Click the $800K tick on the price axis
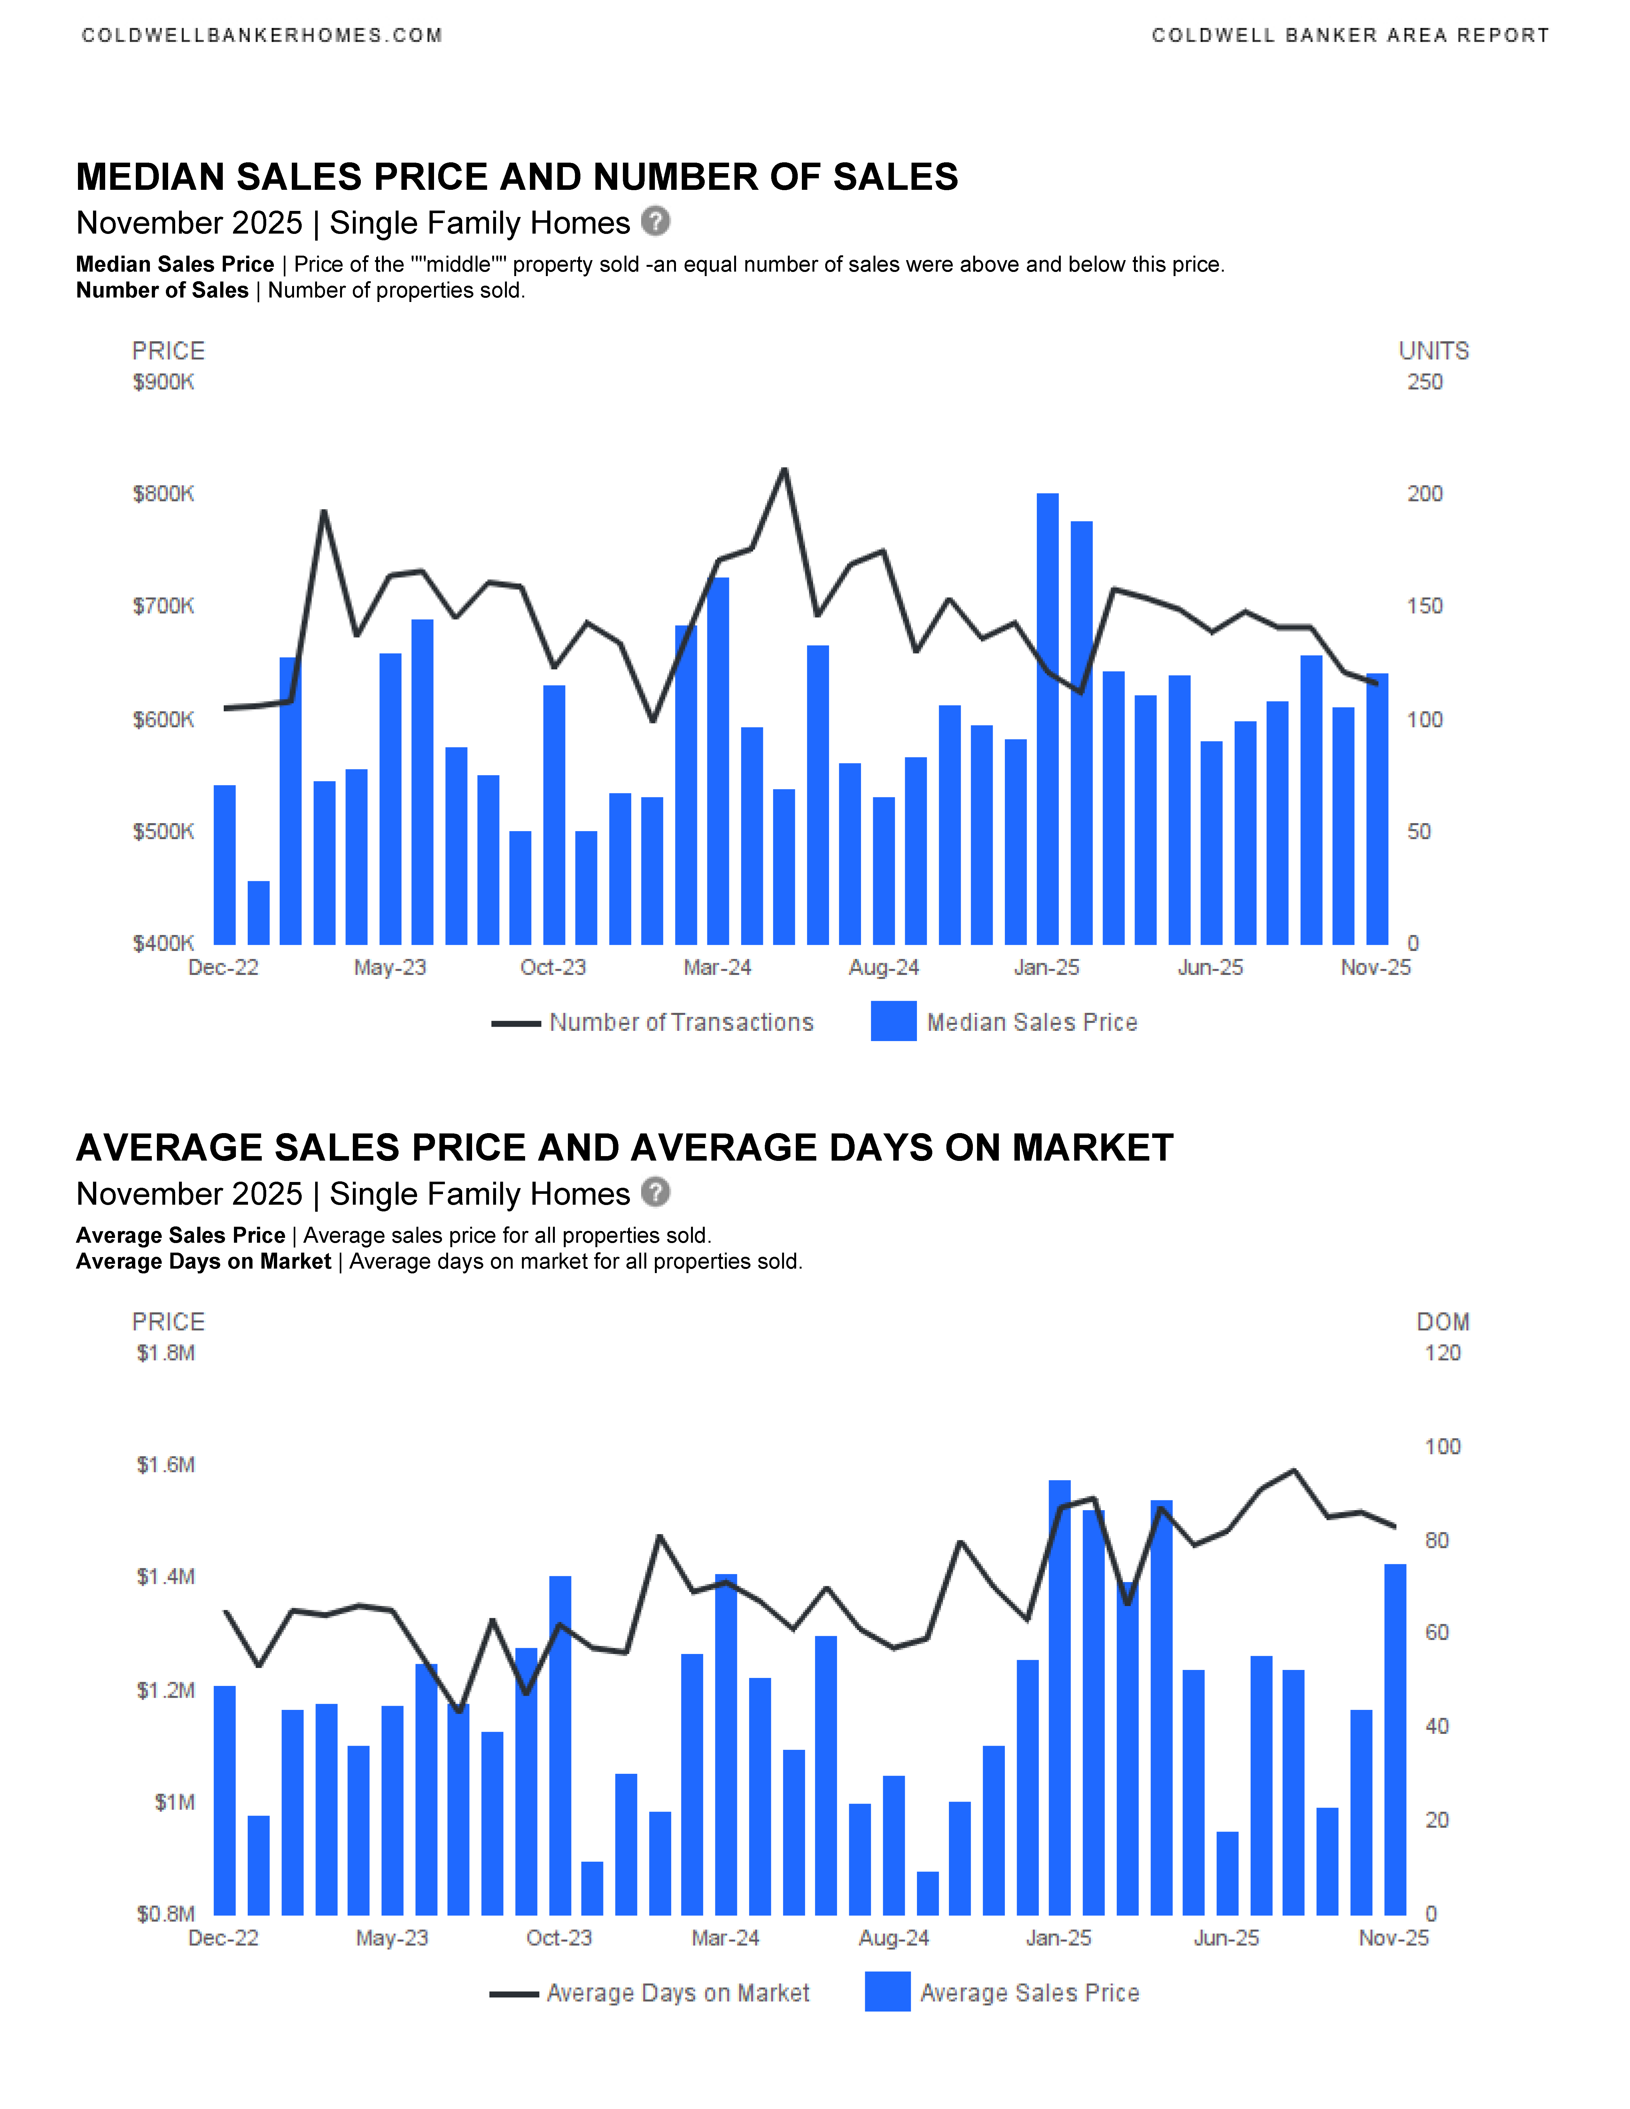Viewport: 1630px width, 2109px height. (163, 494)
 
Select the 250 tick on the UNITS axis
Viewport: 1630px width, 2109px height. (1424, 382)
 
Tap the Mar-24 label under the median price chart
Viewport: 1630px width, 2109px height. (718, 968)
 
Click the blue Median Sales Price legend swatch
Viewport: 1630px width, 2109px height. (893, 1022)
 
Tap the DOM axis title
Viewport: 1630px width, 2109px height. (1443, 1322)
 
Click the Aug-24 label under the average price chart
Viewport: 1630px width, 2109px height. (894, 1938)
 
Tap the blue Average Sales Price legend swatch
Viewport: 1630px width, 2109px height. (888, 1992)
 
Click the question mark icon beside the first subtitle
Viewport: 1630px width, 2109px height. (656, 222)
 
